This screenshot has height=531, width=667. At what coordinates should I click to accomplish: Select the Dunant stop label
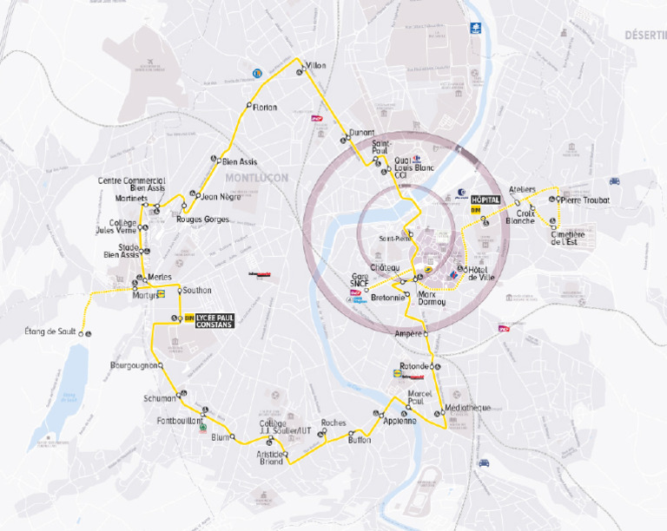361,133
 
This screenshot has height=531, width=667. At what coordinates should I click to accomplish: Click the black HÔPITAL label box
486,199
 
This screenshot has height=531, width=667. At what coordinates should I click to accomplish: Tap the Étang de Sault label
50,331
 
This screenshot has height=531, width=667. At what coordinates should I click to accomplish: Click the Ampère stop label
407,334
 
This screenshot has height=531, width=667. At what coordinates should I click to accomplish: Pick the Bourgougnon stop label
133,365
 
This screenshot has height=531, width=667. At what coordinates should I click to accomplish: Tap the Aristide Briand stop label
270,457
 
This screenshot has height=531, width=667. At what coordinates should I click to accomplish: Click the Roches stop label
333,423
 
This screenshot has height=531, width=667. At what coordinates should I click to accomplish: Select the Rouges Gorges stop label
202,220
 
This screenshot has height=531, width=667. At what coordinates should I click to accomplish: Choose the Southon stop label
197,290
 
